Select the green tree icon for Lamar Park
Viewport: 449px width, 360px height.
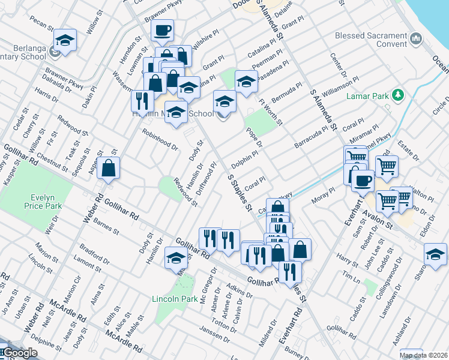[x=397, y=95]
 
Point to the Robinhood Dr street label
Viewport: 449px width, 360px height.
[x=160, y=137]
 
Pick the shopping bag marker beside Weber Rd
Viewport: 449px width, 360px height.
[x=108, y=169]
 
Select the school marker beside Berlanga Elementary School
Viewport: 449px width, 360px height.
[x=65, y=40]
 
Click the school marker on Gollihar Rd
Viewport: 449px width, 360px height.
[x=176, y=258]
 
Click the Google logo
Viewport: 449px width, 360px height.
[x=20, y=353]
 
